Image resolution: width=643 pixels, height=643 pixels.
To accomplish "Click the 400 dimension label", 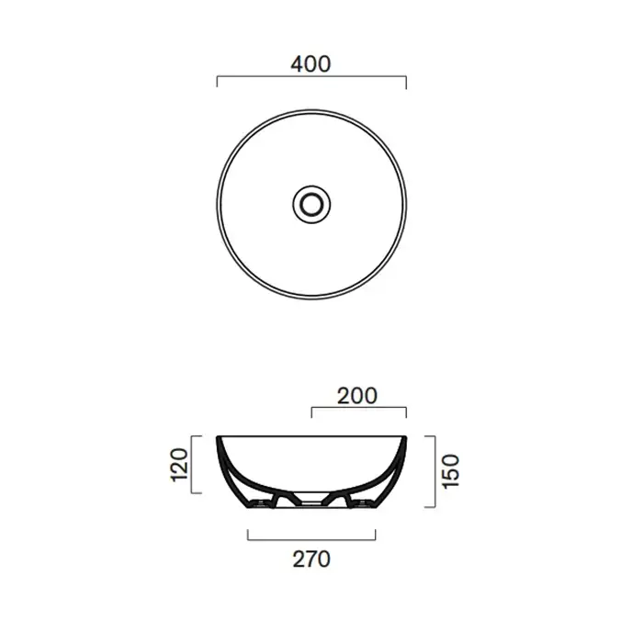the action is click(x=310, y=64).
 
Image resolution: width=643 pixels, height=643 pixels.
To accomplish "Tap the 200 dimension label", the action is click(x=356, y=396).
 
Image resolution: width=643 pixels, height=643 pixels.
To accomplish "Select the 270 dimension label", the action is click(x=311, y=558).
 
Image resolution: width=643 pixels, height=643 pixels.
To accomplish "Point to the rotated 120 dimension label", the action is click(x=179, y=465).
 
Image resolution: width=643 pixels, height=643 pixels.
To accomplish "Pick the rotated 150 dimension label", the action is click(x=451, y=471).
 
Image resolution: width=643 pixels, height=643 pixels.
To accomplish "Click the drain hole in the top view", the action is click(x=311, y=204).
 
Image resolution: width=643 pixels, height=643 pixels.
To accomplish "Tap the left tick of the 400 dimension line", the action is click(x=217, y=82).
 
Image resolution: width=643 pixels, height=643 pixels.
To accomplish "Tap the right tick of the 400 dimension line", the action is click(x=406, y=83).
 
